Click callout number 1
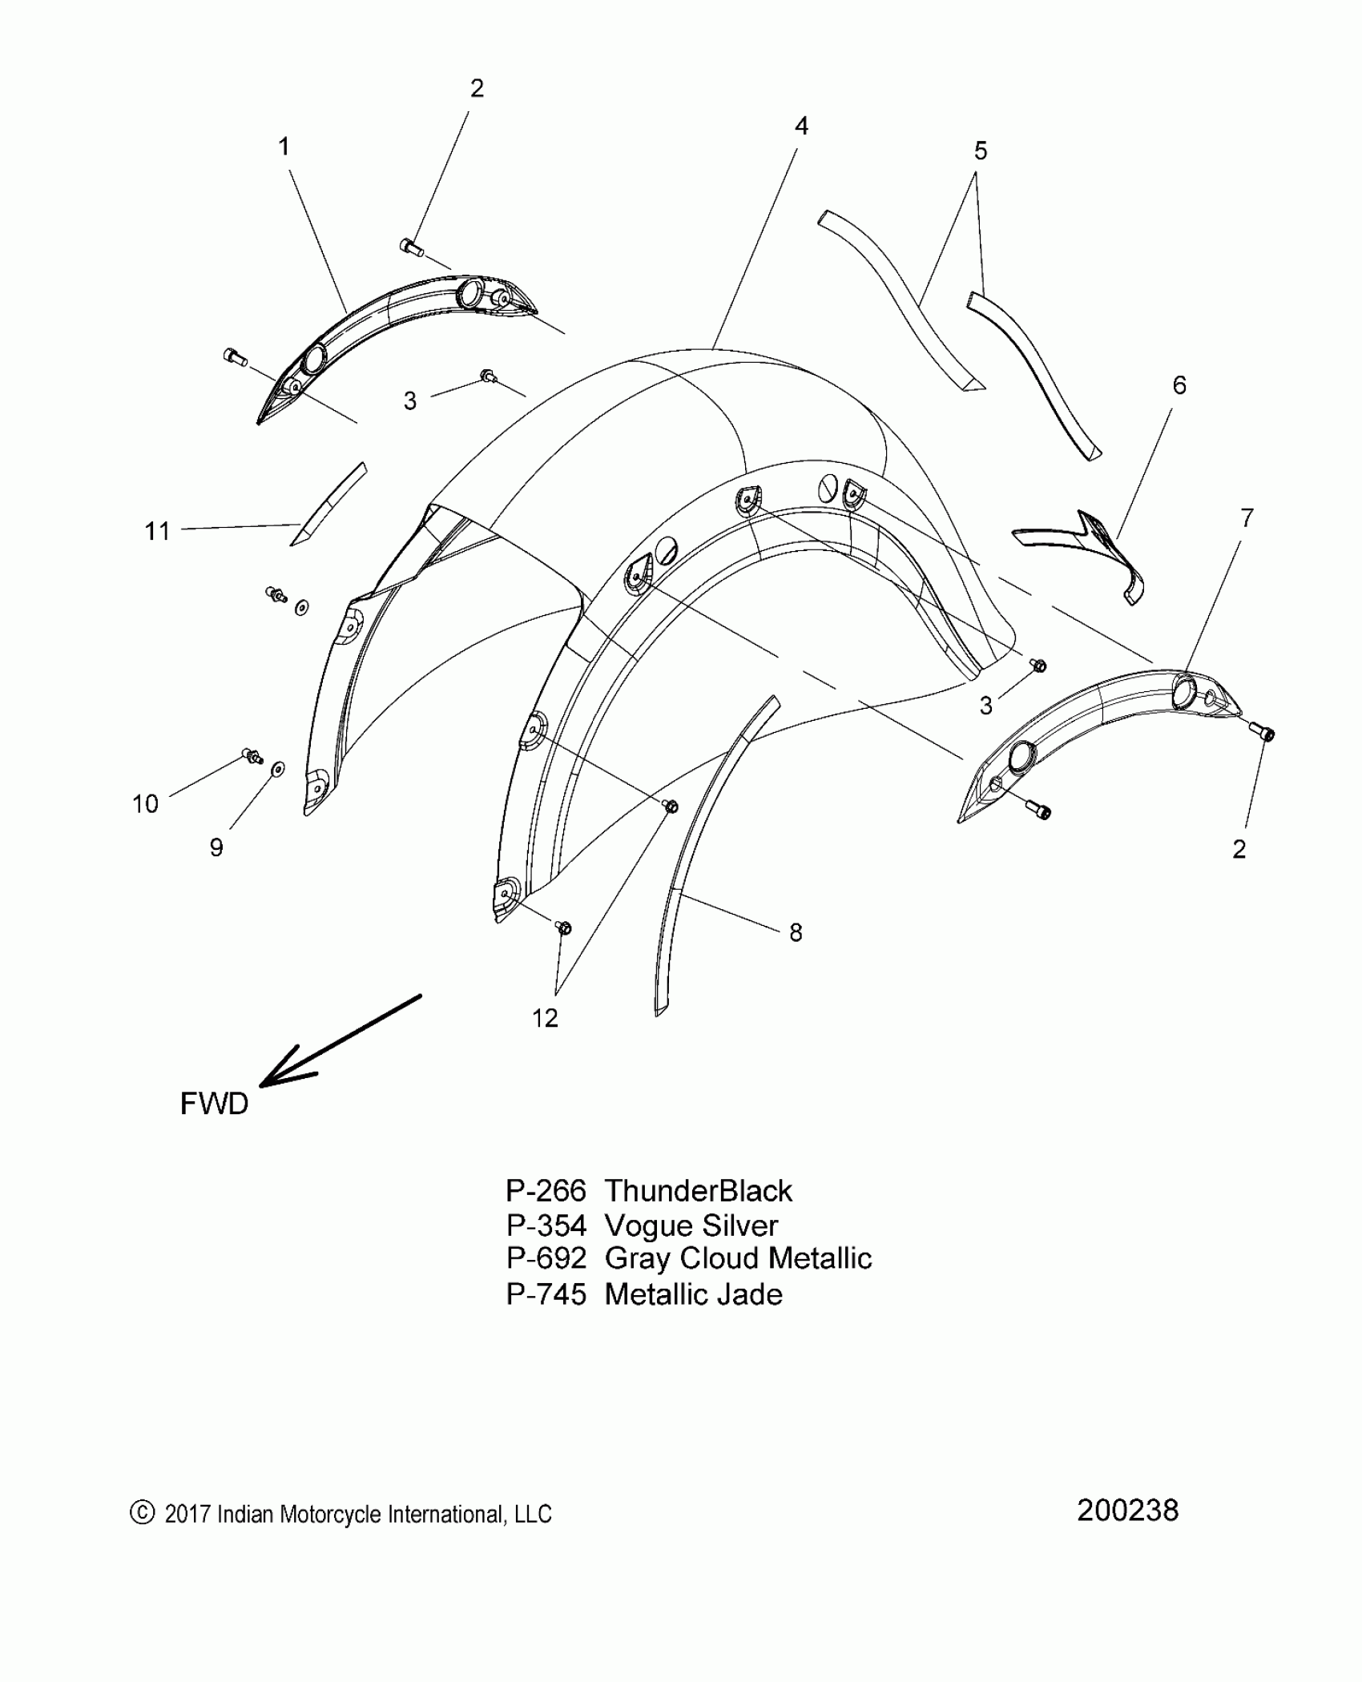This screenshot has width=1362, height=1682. [x=284, y=147]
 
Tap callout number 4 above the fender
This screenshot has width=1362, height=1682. [x=801, y=126]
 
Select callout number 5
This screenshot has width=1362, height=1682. [x=980, y=151]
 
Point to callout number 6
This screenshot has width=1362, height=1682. [x=1179, y=385]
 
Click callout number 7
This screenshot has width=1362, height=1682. [x=1246, y=518]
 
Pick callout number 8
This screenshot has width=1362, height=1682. [x=795, y=932]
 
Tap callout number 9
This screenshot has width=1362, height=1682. [x=216, y=847]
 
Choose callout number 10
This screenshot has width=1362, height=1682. [x=145, y=803]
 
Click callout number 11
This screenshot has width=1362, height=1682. [x=157, y=531]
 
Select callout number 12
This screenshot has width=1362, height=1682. [x=545, y=1018]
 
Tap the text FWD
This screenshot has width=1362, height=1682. [x=214, y=1104]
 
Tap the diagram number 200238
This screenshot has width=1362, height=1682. [x=1127, y=1511]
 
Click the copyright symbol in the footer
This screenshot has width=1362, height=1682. [x=141, y=1512]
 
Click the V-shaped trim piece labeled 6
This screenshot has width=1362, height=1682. [x=1090, y=545]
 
